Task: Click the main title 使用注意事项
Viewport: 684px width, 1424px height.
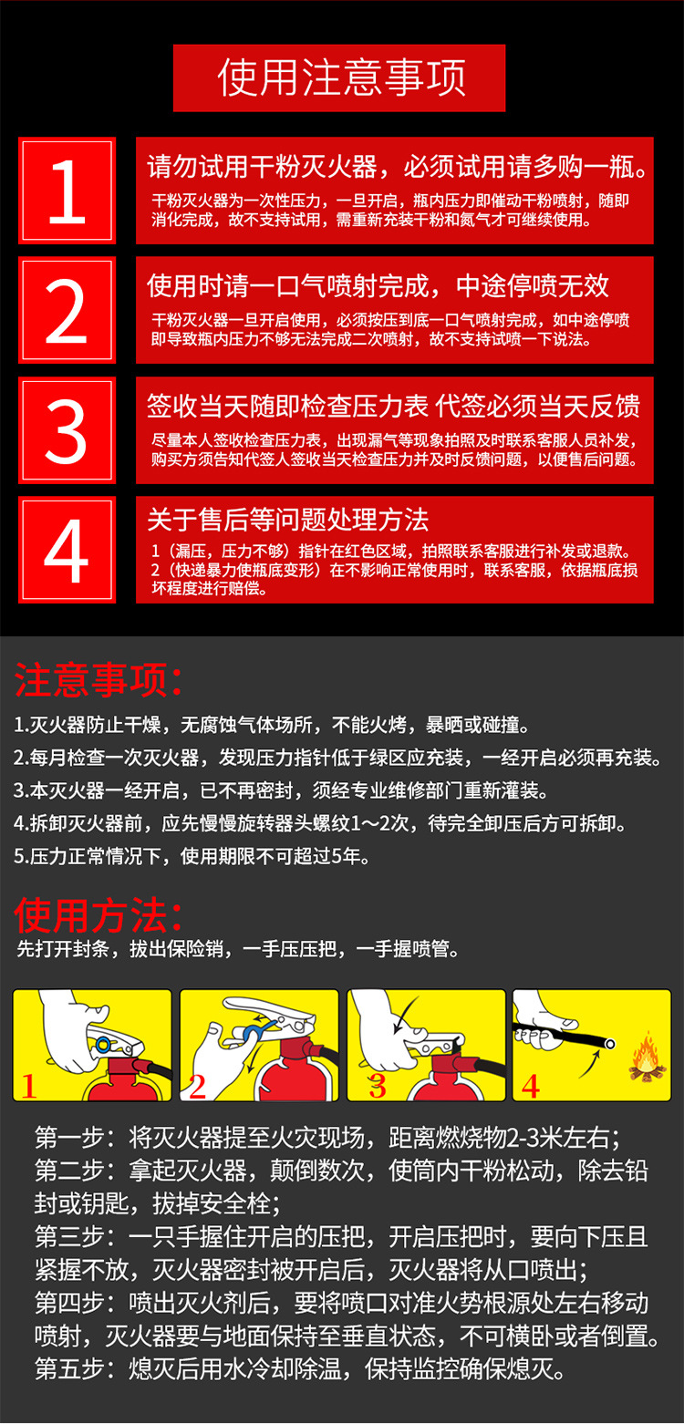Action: [x=341, y=77]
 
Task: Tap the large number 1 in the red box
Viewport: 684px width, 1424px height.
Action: [x=67, y=191]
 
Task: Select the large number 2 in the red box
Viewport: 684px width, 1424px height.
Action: [x=66, y=311]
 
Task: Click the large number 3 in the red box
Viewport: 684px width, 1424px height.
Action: [x=66, y=430]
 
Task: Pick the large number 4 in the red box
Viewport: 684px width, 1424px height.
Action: [x=66, y=551]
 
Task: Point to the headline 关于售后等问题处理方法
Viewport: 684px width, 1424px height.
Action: [x=288, y=520]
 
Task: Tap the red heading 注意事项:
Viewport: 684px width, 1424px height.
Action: [x=98, y=679]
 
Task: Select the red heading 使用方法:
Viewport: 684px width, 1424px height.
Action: [x=98, y=914]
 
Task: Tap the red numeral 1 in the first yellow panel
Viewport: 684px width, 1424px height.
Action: [x=28, y=1086]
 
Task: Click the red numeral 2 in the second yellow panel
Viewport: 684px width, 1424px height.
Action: [x=198, y=1086]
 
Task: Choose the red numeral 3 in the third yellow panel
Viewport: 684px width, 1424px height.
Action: [x=378, y=1086]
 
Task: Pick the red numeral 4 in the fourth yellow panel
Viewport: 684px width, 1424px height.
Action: [x=530, y=1086]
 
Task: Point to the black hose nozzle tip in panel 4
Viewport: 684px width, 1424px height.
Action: [x=609, y=1044]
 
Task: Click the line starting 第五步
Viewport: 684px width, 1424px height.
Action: [x=300, y=1368]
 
